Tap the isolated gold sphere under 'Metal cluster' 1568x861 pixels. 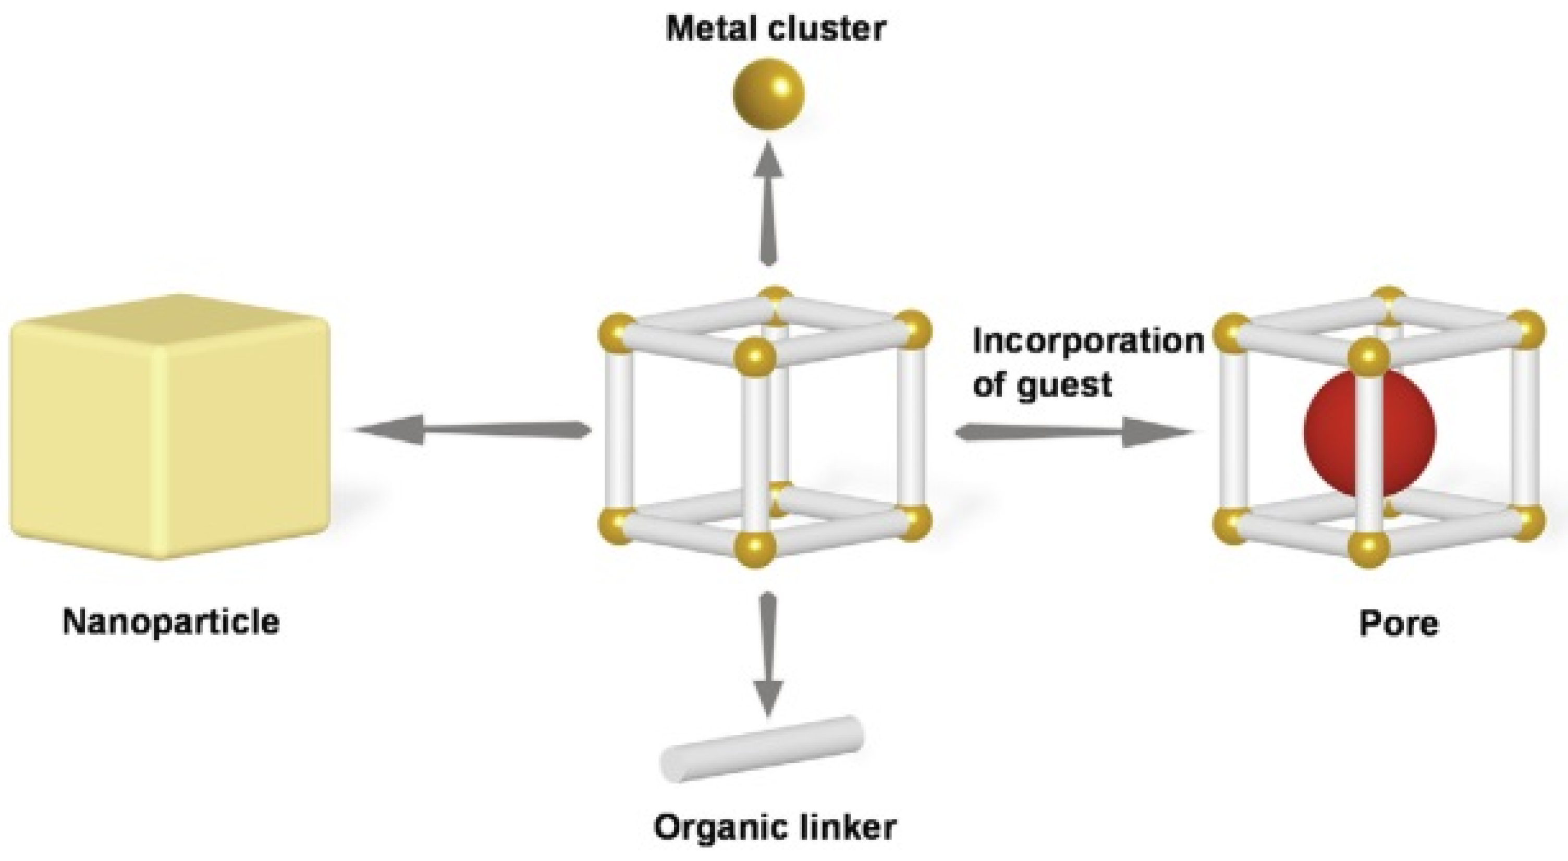pos(768,94)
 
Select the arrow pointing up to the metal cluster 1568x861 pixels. pos(769,203)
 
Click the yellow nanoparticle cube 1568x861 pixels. pos(170,426)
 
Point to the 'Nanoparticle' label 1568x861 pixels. pos(171,622)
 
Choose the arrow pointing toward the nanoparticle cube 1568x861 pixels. pos(472,431)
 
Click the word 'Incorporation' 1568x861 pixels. pos(1088,342)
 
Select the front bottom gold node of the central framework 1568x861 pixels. pos(755,549)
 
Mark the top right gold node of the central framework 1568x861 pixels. pos(912,329)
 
